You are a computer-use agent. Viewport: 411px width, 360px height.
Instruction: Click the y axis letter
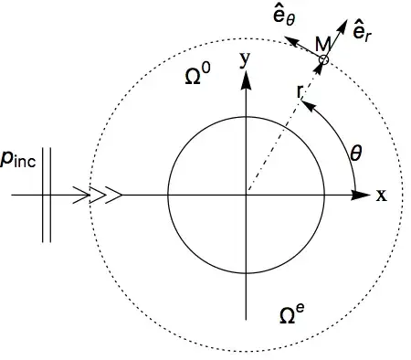pyautogui.click(x=244, y=62)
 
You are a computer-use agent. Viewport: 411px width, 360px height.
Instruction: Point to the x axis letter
pyautogui.click(x=382, y=195)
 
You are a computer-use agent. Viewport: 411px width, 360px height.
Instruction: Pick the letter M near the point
pyautogui.click(x=321, y=45)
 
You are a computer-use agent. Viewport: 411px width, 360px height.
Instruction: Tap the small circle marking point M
pyautogui.click(x=323, y=60)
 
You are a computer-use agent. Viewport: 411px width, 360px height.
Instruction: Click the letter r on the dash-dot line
pyautogui.click(x=299, y=92)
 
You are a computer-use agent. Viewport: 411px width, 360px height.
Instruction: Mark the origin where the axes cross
pyautogui.click(x=245, y=195)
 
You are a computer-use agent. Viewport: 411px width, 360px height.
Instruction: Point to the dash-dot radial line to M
pyautogui.click(x=279, y=137)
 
